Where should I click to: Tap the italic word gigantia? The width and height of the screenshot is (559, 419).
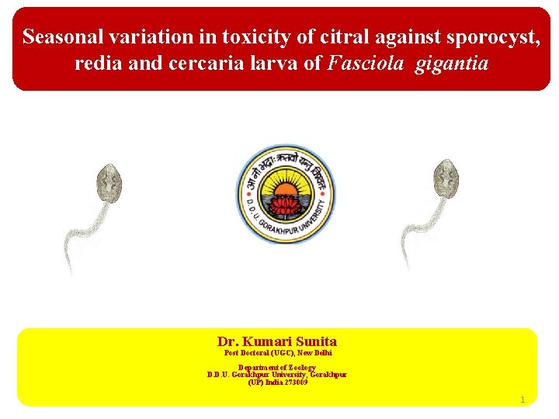(x=452, y=63)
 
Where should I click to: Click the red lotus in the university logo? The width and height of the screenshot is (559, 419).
(x=286, y=206)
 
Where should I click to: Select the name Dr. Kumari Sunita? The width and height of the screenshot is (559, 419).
(x=277, y=341)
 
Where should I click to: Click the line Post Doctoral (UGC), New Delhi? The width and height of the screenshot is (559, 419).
(x=277, y=353)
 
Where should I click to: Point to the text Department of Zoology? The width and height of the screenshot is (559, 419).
(x=277, y=367)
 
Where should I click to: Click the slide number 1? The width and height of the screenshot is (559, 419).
(x=523, y=400)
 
